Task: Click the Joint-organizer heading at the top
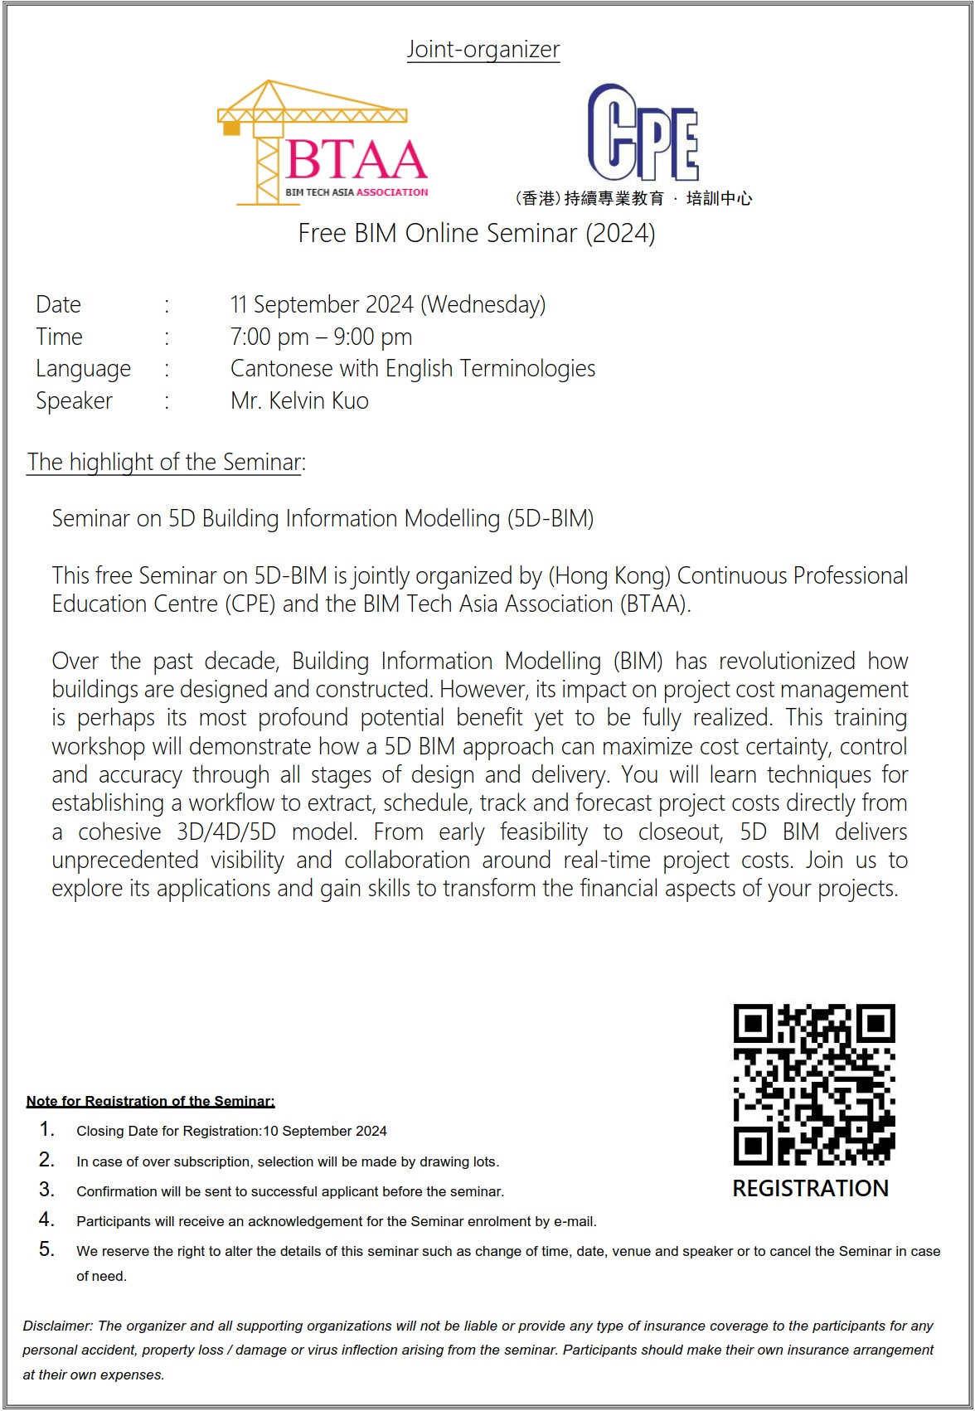click(483, 50)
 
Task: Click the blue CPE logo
click(643, 133)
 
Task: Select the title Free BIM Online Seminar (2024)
click(477, 234)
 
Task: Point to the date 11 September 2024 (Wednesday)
click(388, 305)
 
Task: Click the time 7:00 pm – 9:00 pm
click(321, 337)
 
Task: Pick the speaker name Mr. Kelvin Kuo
click(299, 401)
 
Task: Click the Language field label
click(83, 369)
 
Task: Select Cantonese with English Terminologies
click(413, 369)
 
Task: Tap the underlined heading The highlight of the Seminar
click(164, 463)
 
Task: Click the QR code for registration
click(814, 1084)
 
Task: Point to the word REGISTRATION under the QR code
click(810, 1189)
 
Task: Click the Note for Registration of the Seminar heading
click(150, 1101)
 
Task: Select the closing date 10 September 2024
click(325, 1132)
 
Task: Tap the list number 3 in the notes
click(46, 1190)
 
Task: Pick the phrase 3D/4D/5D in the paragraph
click(226, 832)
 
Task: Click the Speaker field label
click(74, 401)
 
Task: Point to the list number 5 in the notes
click(46, 1249)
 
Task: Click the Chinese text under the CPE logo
click(633, 198)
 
